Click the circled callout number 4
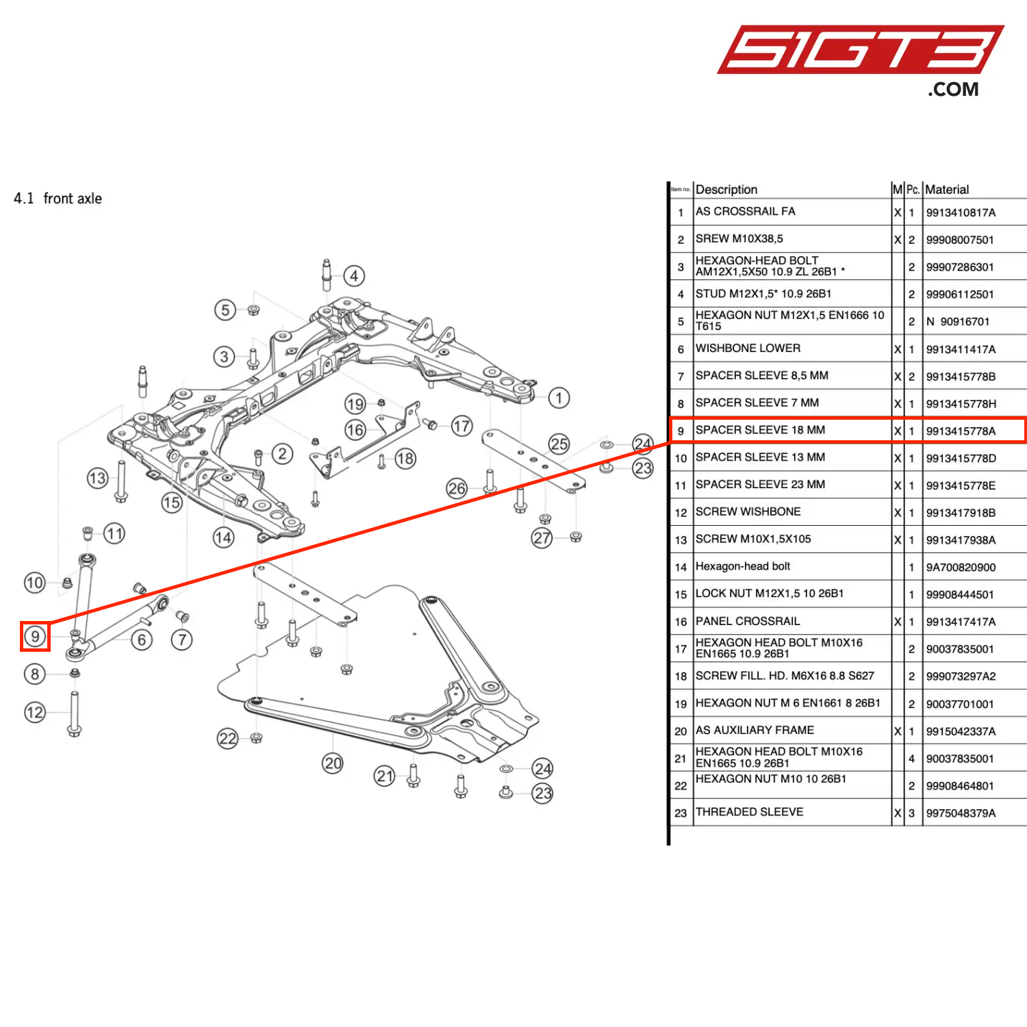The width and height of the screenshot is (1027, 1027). tap(353, 276)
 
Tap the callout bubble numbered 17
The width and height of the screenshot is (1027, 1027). tap(461, 427)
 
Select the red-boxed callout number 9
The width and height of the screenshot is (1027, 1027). tap(35, 636)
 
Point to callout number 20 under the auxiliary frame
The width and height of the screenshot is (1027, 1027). tap(333, 763)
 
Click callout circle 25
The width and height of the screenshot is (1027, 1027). tap(559, 444)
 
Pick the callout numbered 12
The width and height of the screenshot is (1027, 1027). tap(35, 712)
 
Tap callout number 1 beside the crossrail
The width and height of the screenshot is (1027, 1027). tap(559, 398)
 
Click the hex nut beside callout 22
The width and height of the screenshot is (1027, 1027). tap(256, 737)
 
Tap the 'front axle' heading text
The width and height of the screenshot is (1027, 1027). tap(73, 199)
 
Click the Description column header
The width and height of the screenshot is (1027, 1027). tap(726, 190)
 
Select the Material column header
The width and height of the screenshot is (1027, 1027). tap(947, 190)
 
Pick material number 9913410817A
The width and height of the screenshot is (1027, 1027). tap(961, 213)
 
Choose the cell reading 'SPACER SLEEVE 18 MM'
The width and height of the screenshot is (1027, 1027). tap(760, 430)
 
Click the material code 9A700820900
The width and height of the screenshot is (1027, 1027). tap(961, 568)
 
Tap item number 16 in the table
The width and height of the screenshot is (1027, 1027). tap(681, 622)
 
